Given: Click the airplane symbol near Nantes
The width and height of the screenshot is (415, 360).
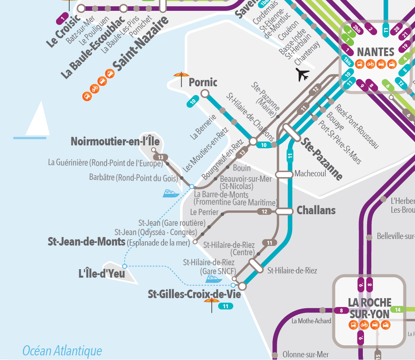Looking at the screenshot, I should [303, 75].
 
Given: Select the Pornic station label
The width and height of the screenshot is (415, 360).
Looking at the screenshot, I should [203, 82].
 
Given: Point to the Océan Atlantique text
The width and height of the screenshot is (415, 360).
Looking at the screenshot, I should [62, 351].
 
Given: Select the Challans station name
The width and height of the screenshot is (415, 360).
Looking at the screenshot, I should [316, 211].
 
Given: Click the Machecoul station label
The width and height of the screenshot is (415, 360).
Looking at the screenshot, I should [310, 174].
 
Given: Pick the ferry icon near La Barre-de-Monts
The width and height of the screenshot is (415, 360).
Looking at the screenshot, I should [170, 193].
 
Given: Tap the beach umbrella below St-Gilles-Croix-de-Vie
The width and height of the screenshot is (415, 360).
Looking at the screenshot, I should [211, 304].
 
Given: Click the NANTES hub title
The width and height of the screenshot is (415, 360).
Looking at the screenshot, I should [375, 52].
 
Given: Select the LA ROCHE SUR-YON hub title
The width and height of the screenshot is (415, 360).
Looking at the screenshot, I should [369, 308].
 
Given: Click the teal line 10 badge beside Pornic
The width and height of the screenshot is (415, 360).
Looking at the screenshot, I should [193, 102].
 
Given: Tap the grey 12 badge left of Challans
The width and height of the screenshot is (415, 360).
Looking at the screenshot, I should [264, 212].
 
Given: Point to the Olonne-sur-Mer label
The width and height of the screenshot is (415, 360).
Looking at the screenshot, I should [306, 355].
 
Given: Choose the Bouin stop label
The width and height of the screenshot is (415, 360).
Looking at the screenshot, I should [242, 168].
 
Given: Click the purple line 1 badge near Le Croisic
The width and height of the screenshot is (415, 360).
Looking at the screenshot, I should [63, 17].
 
